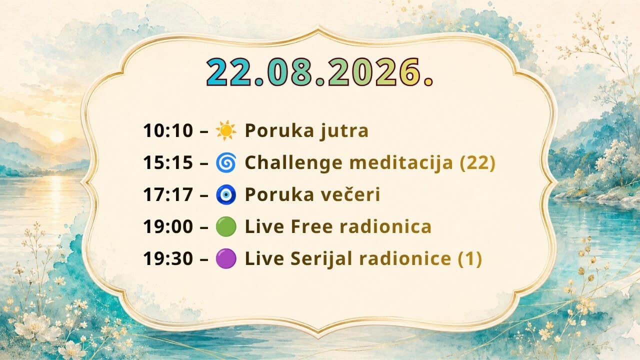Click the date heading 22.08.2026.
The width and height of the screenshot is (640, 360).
tap(319, 72)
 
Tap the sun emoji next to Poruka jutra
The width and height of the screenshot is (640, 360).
tap(226, 130)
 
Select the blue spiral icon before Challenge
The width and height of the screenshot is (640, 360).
tap(226, 162)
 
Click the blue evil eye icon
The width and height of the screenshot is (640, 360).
tap(226, 194)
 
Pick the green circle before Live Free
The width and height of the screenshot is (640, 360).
tap(226, 226)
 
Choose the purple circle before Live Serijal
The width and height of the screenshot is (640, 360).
tap(226, 258)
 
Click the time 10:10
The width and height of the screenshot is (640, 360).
tap(168, 131)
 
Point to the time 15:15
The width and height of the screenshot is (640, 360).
tap(168, 163)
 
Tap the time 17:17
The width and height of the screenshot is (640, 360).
tap(168, 195)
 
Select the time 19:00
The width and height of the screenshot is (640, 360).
tap(168, 227)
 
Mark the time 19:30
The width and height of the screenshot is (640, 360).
tap(168, 259)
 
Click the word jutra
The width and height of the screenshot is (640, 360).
tap(344, 131)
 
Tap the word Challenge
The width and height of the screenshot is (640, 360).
tap(293, 163)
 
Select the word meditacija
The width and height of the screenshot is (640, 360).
tap(401, 163)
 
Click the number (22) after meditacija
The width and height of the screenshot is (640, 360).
tap(477, 163)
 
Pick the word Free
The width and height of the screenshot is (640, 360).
tap(312, 227)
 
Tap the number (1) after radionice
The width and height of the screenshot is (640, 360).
tap(470, 259)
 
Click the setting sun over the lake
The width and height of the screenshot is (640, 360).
tap(57, 137)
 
